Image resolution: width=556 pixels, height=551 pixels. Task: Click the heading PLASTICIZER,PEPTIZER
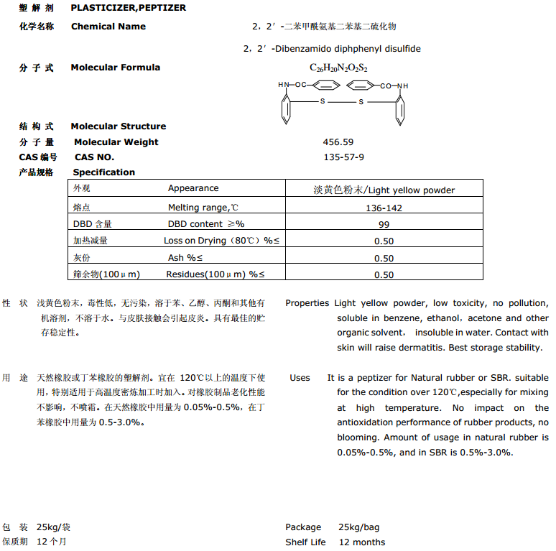[x=128, y=8]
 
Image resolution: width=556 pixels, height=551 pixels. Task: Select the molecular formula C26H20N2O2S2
[x=338, y=68]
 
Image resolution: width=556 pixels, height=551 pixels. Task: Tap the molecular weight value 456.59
[x=338, y=142]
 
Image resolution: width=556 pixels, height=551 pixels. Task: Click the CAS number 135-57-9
[x=344, y=157]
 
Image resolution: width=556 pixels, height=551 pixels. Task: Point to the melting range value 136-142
[x=384, y=208]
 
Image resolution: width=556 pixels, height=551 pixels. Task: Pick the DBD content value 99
[x=384, y=225]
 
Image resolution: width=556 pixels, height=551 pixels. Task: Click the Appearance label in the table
[x=193, y=188]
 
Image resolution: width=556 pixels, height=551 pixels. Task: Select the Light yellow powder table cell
[x=384, y=190]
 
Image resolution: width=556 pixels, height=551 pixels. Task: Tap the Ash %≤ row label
[x=185, y=258]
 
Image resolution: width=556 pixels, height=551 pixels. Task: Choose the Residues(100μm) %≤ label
[x=216, y=274]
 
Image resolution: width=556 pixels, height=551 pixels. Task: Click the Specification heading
[x=103, y=172]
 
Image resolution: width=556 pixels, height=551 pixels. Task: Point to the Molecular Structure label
[x=118, y=126]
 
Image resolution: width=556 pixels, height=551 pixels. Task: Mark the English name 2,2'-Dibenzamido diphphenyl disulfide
[x=332, y=49]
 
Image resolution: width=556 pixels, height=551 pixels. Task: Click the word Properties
[x=307, y=303]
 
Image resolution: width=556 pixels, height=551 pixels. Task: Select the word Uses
[x=300, y=378]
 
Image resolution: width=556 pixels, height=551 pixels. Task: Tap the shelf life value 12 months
[x=361, y=542]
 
